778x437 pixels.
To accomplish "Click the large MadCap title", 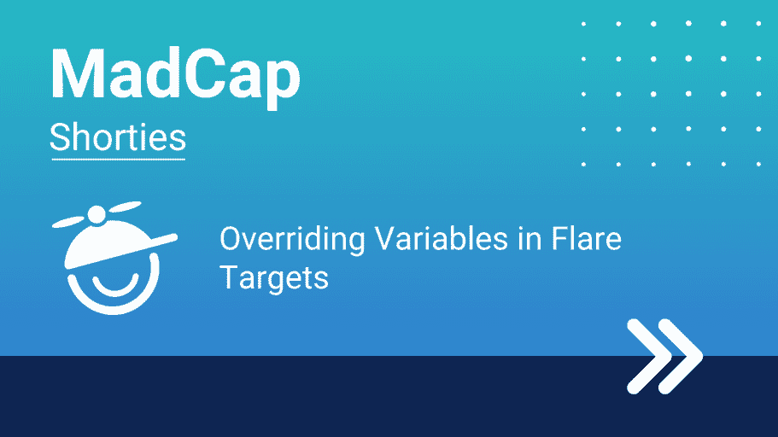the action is pos(175,78).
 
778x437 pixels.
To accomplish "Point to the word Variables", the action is pos(442,238).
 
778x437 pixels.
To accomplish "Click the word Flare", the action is pos(587,238).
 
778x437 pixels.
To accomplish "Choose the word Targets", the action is pos(274,277).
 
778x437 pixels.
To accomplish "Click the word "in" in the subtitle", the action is pos(529,238).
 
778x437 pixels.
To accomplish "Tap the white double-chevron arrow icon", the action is pos(665,356).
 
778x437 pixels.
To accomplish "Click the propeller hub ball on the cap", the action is pos(97,215).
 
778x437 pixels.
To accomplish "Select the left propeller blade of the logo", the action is pos(68,222).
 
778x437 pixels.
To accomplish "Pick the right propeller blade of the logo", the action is pos(125,207).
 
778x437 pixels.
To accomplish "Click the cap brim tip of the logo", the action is pos(173,236).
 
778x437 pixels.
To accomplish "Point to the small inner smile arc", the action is pos(115,288).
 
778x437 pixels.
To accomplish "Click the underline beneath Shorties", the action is pos(118,160).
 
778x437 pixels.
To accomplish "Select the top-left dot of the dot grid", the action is pos(583,24).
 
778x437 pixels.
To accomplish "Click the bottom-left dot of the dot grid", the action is pos(583,164).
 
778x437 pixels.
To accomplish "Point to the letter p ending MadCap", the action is pos(281,84).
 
